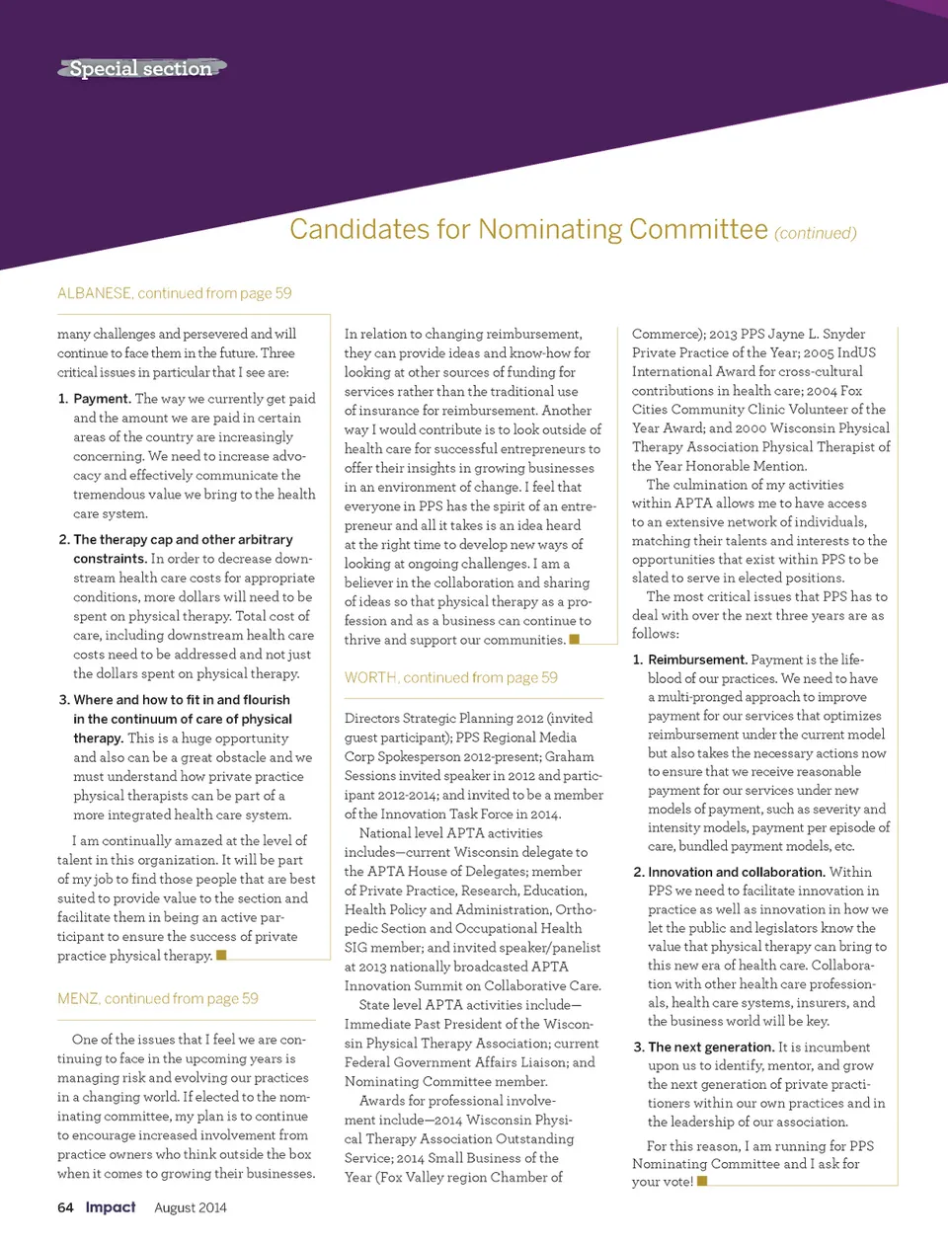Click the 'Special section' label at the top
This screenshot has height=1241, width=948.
click(x=140, y=68)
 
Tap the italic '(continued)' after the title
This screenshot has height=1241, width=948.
click(x=815, y=234)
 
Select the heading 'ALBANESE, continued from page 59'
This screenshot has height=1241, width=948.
click(x=174, y=293)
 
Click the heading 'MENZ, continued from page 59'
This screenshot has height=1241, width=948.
click(x=157, y=999)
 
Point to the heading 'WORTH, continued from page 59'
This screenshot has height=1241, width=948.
click(x=450, y=678)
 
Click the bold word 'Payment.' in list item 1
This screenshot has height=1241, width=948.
click(x=102, y=399)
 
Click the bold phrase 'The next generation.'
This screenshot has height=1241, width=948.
click(x=710, y=1047)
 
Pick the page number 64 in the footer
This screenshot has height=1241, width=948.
click(x=65, y=1207)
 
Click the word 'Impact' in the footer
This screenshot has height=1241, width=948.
click(x=111, y=1207)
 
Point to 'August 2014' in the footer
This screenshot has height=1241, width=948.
click(x=191, y=1208)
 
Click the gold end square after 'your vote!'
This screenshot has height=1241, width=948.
click(x=702, y=1181)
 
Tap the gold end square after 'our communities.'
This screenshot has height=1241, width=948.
click(x=575, y=639)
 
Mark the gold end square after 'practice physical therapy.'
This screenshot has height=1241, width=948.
click(x=221, y=955)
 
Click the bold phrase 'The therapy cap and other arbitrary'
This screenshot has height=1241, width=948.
click(x=183, y=540)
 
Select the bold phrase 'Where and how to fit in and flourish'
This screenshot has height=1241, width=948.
click(x=182, y=700)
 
